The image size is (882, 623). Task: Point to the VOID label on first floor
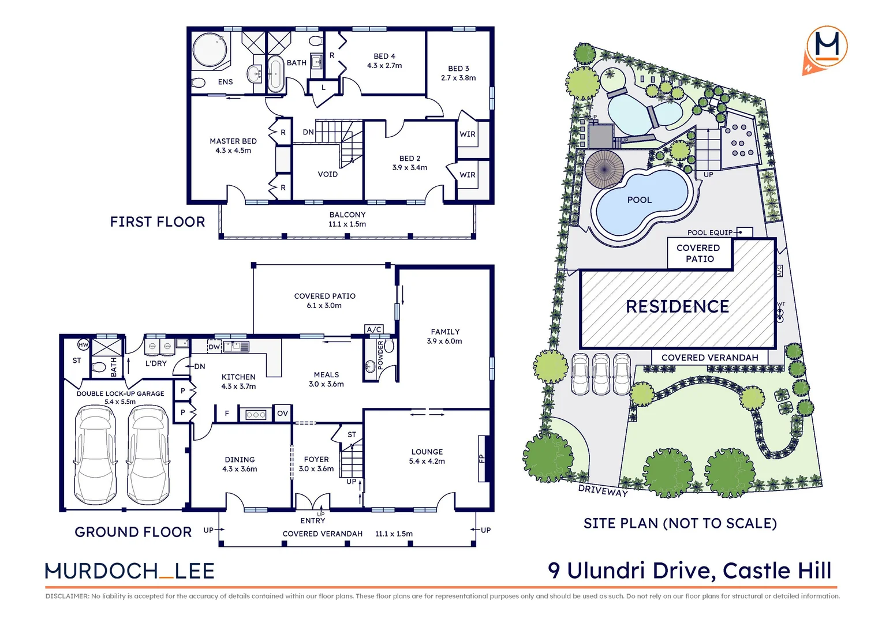[x=328, y=174]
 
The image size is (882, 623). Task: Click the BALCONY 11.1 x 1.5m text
[x=347, y=219]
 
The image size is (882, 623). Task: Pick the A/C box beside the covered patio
[x=374, y=329]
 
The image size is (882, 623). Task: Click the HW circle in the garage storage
[x=83, y=345]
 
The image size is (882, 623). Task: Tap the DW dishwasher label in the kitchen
[x=214, y=347]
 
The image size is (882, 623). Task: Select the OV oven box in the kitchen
[x=282, y=414]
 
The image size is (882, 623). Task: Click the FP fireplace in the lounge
[x=482, y=459]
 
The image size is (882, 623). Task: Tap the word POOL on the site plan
[x=640, y=200]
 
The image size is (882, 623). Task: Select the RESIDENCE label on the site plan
[x=678, y=307]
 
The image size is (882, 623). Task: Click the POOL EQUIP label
[x=709, y=232]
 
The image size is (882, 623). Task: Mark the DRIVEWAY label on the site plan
[x=603, y=490]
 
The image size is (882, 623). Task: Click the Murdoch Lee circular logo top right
[x=828, y=46]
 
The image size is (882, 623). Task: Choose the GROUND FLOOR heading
[x=133, y=532]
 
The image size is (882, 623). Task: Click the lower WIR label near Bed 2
[x=468, y=175]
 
